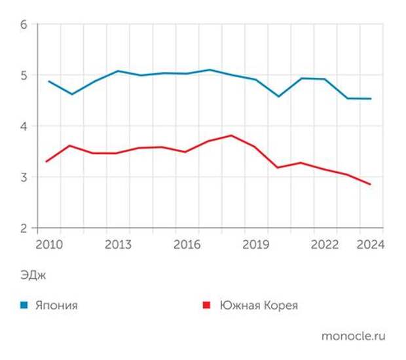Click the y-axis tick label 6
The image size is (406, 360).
pos(24,25)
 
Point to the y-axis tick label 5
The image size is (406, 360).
pos(24,75)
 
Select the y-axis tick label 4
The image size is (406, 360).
pos(24,126)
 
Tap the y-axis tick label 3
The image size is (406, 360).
pos(24,177)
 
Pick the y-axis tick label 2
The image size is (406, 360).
pos(24,228)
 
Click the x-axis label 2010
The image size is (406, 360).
pos(49,245)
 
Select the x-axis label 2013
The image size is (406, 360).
pos(118,245)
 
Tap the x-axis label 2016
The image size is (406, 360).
pos(187,245)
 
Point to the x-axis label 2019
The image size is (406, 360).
pos(256,245)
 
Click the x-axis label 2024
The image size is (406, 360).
pos(370,245)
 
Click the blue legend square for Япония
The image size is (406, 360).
pos(24,305)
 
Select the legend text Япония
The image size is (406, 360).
pos(56,305)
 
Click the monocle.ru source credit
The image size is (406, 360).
pos(353,336)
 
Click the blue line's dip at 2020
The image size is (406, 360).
pos(278,97)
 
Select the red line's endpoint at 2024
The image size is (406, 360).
pos(371,185)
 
